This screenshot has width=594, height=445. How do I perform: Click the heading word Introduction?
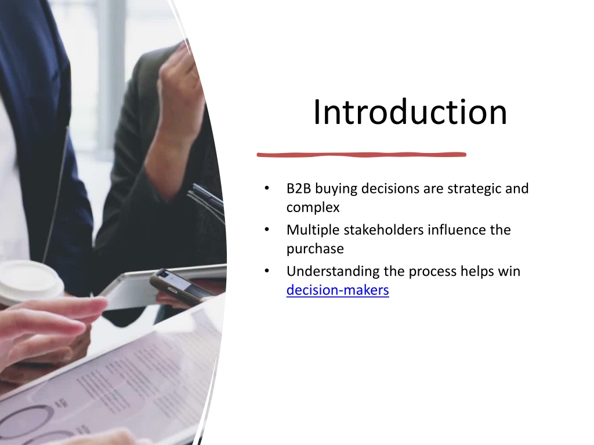(410, 112)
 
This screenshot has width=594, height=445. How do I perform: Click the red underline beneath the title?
(361, 154)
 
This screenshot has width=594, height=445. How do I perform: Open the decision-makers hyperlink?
(338, 290)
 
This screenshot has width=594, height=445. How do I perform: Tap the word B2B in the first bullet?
(299, 188)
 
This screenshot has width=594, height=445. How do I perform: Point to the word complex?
(313, 208)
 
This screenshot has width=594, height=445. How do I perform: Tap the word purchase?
(315, 249)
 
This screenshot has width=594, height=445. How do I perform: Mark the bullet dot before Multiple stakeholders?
(267, 229)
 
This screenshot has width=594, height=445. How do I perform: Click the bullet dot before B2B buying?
(267, 188)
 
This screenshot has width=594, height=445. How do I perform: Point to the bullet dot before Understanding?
(267, 271)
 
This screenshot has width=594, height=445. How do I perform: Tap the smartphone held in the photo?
(182, 286)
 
